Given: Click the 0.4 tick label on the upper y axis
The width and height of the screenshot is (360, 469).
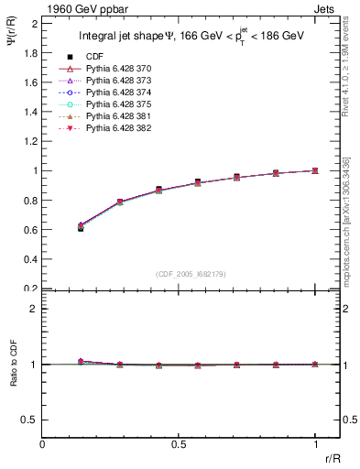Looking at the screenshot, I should [30, 259].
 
